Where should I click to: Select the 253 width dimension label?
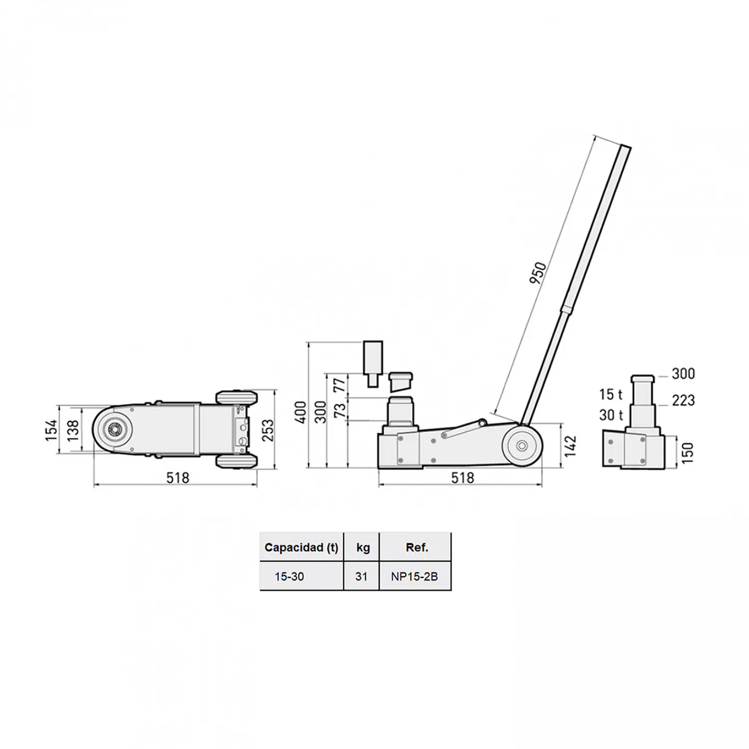click(x=268, y=430)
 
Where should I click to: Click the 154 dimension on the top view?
click(x=51, y=430)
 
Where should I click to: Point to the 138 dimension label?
click(x=73, y=430)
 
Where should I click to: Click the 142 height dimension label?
click(x=570, y=446)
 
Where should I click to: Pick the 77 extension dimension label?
click(x=339, y=385)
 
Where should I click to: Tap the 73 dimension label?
click(x=339, y=410)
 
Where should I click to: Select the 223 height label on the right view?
click(x=683, y=401)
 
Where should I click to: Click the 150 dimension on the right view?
click(x=687, y=453)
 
